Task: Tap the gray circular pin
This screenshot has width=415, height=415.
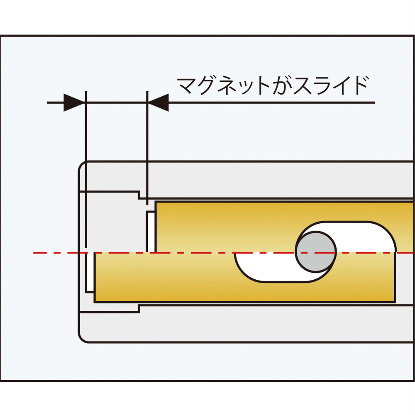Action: point(316,252)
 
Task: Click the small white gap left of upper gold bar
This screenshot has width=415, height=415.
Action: point(151,232)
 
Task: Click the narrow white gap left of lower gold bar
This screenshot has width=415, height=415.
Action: point(90,273)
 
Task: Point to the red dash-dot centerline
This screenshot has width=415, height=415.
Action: point(223,253)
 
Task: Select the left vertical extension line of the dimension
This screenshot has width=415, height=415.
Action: point(86,169)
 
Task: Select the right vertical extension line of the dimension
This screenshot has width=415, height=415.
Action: point(147,148)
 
